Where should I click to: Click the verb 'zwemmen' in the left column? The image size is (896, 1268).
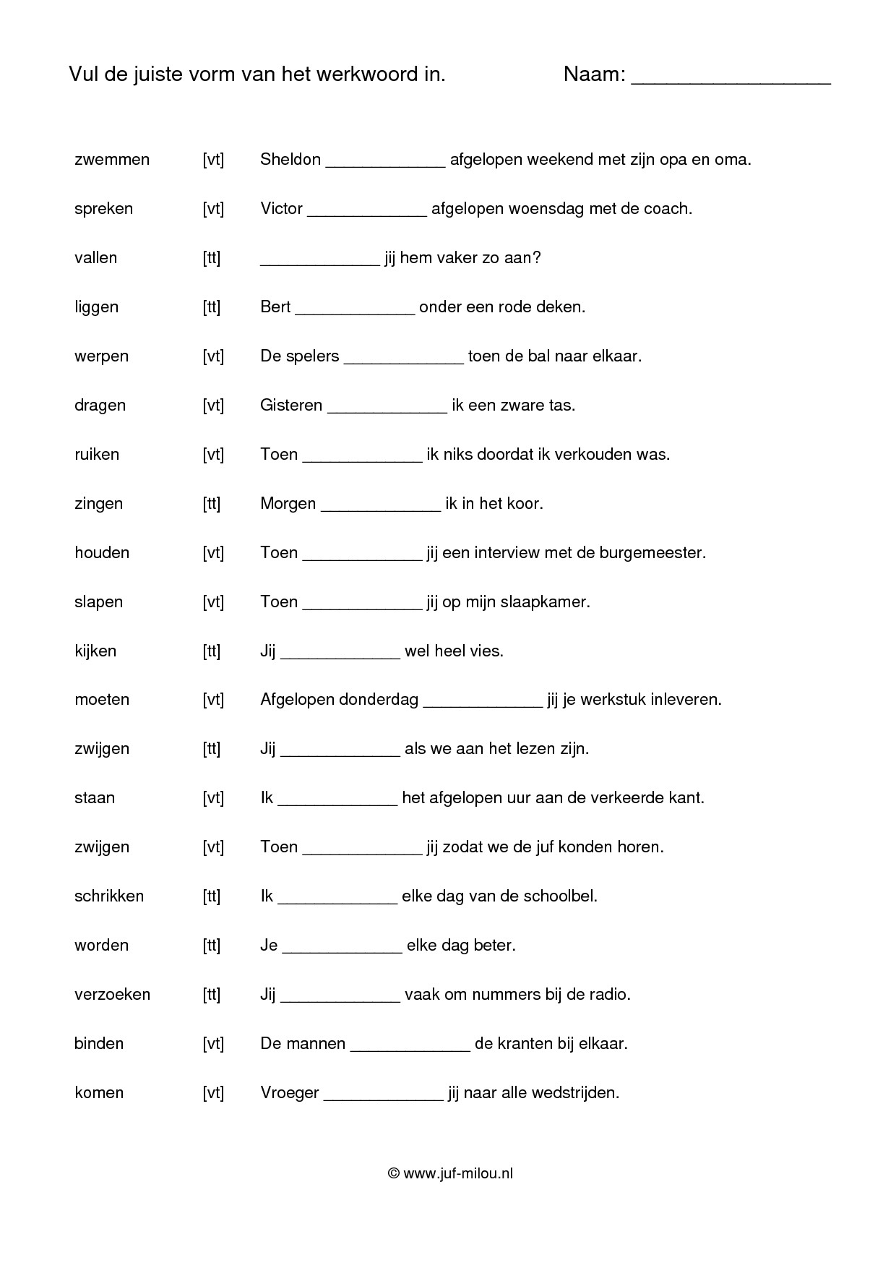click(112, 160)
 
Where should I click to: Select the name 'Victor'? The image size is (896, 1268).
click(281, 209)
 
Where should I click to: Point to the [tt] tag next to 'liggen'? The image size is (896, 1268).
click(212, 307)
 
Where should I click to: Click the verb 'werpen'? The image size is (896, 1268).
click(101, 356)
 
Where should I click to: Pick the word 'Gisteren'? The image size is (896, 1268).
click(291, 406)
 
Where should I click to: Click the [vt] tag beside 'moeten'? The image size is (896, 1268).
click(213, 700)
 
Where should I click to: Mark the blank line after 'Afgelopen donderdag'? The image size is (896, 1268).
click(482, 704)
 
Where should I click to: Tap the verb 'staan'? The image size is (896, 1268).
click(95, 798)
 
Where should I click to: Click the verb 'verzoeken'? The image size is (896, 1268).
click(112, 995)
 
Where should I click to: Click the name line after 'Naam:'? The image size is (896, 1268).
click(731, 81)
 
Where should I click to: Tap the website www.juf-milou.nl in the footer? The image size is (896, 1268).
click(457, 1174)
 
